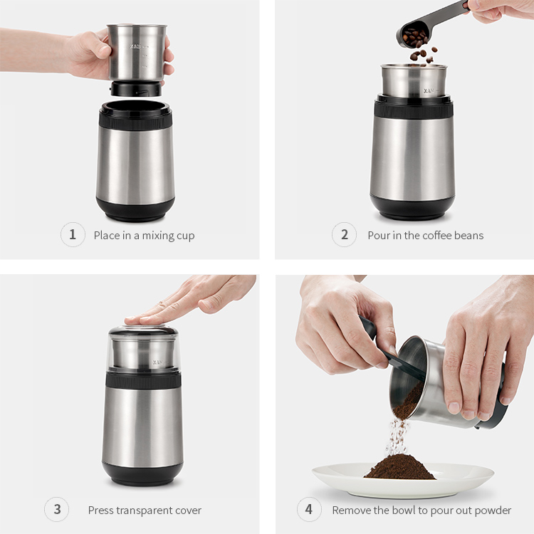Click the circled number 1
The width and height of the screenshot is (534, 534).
pos(73,235)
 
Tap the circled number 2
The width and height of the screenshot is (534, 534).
pos(345,235)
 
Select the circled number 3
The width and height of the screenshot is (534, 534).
pos(56,510)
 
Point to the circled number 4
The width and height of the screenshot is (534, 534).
pos(309,510)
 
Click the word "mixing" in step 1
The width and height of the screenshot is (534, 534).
pos(157,236)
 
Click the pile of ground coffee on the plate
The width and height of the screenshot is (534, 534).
pos(399,467)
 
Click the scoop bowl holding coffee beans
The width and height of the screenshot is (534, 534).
pos(412,35)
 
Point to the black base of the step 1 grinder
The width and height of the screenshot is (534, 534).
pos(135,210)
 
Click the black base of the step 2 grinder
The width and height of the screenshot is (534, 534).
pos(412,207)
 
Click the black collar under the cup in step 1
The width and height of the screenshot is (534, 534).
pos(136,89)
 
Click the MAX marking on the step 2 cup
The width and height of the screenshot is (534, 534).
pos(429,91)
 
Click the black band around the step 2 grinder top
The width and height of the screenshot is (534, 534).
pos(414,108)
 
